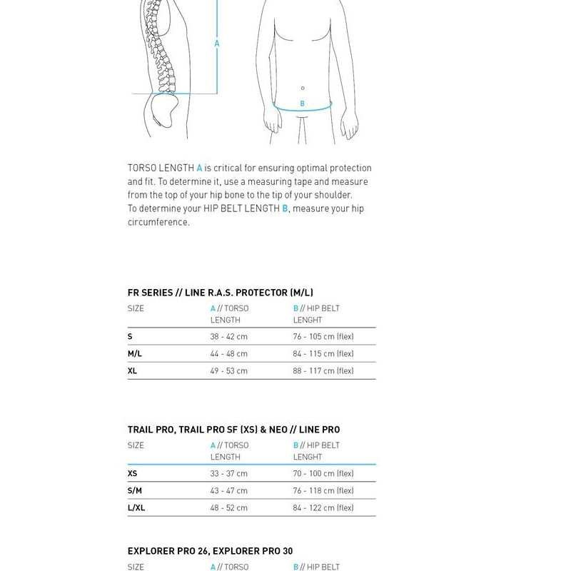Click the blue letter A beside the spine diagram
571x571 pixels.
217,44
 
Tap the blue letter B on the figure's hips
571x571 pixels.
302,104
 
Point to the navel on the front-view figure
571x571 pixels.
303,89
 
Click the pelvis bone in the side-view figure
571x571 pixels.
161,111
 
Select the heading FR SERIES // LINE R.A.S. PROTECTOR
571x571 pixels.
220,293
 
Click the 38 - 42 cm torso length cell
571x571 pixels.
228,337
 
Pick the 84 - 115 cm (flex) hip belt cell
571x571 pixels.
323,354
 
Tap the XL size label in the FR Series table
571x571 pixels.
132,371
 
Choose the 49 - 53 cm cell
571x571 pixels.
228,371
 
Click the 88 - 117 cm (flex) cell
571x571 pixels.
323,371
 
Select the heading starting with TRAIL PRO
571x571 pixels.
233,430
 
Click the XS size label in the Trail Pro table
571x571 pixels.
132,474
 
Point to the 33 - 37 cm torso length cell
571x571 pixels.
228,474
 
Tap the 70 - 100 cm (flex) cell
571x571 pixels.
323,474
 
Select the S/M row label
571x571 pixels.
135,491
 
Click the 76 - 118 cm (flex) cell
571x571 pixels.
323,491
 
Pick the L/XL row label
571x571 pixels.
136,508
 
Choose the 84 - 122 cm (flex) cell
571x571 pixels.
323,508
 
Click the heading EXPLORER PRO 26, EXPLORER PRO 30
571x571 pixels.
210,551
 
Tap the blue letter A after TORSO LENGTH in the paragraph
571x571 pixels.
199,168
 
